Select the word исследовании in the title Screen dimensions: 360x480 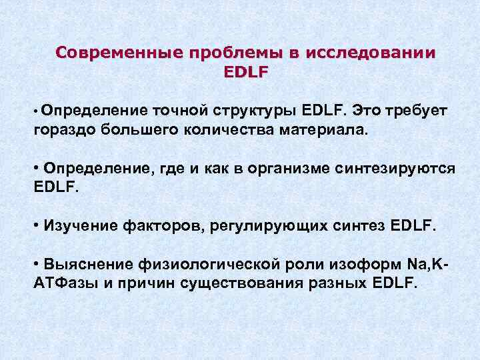369,53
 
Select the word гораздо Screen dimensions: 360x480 64,129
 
